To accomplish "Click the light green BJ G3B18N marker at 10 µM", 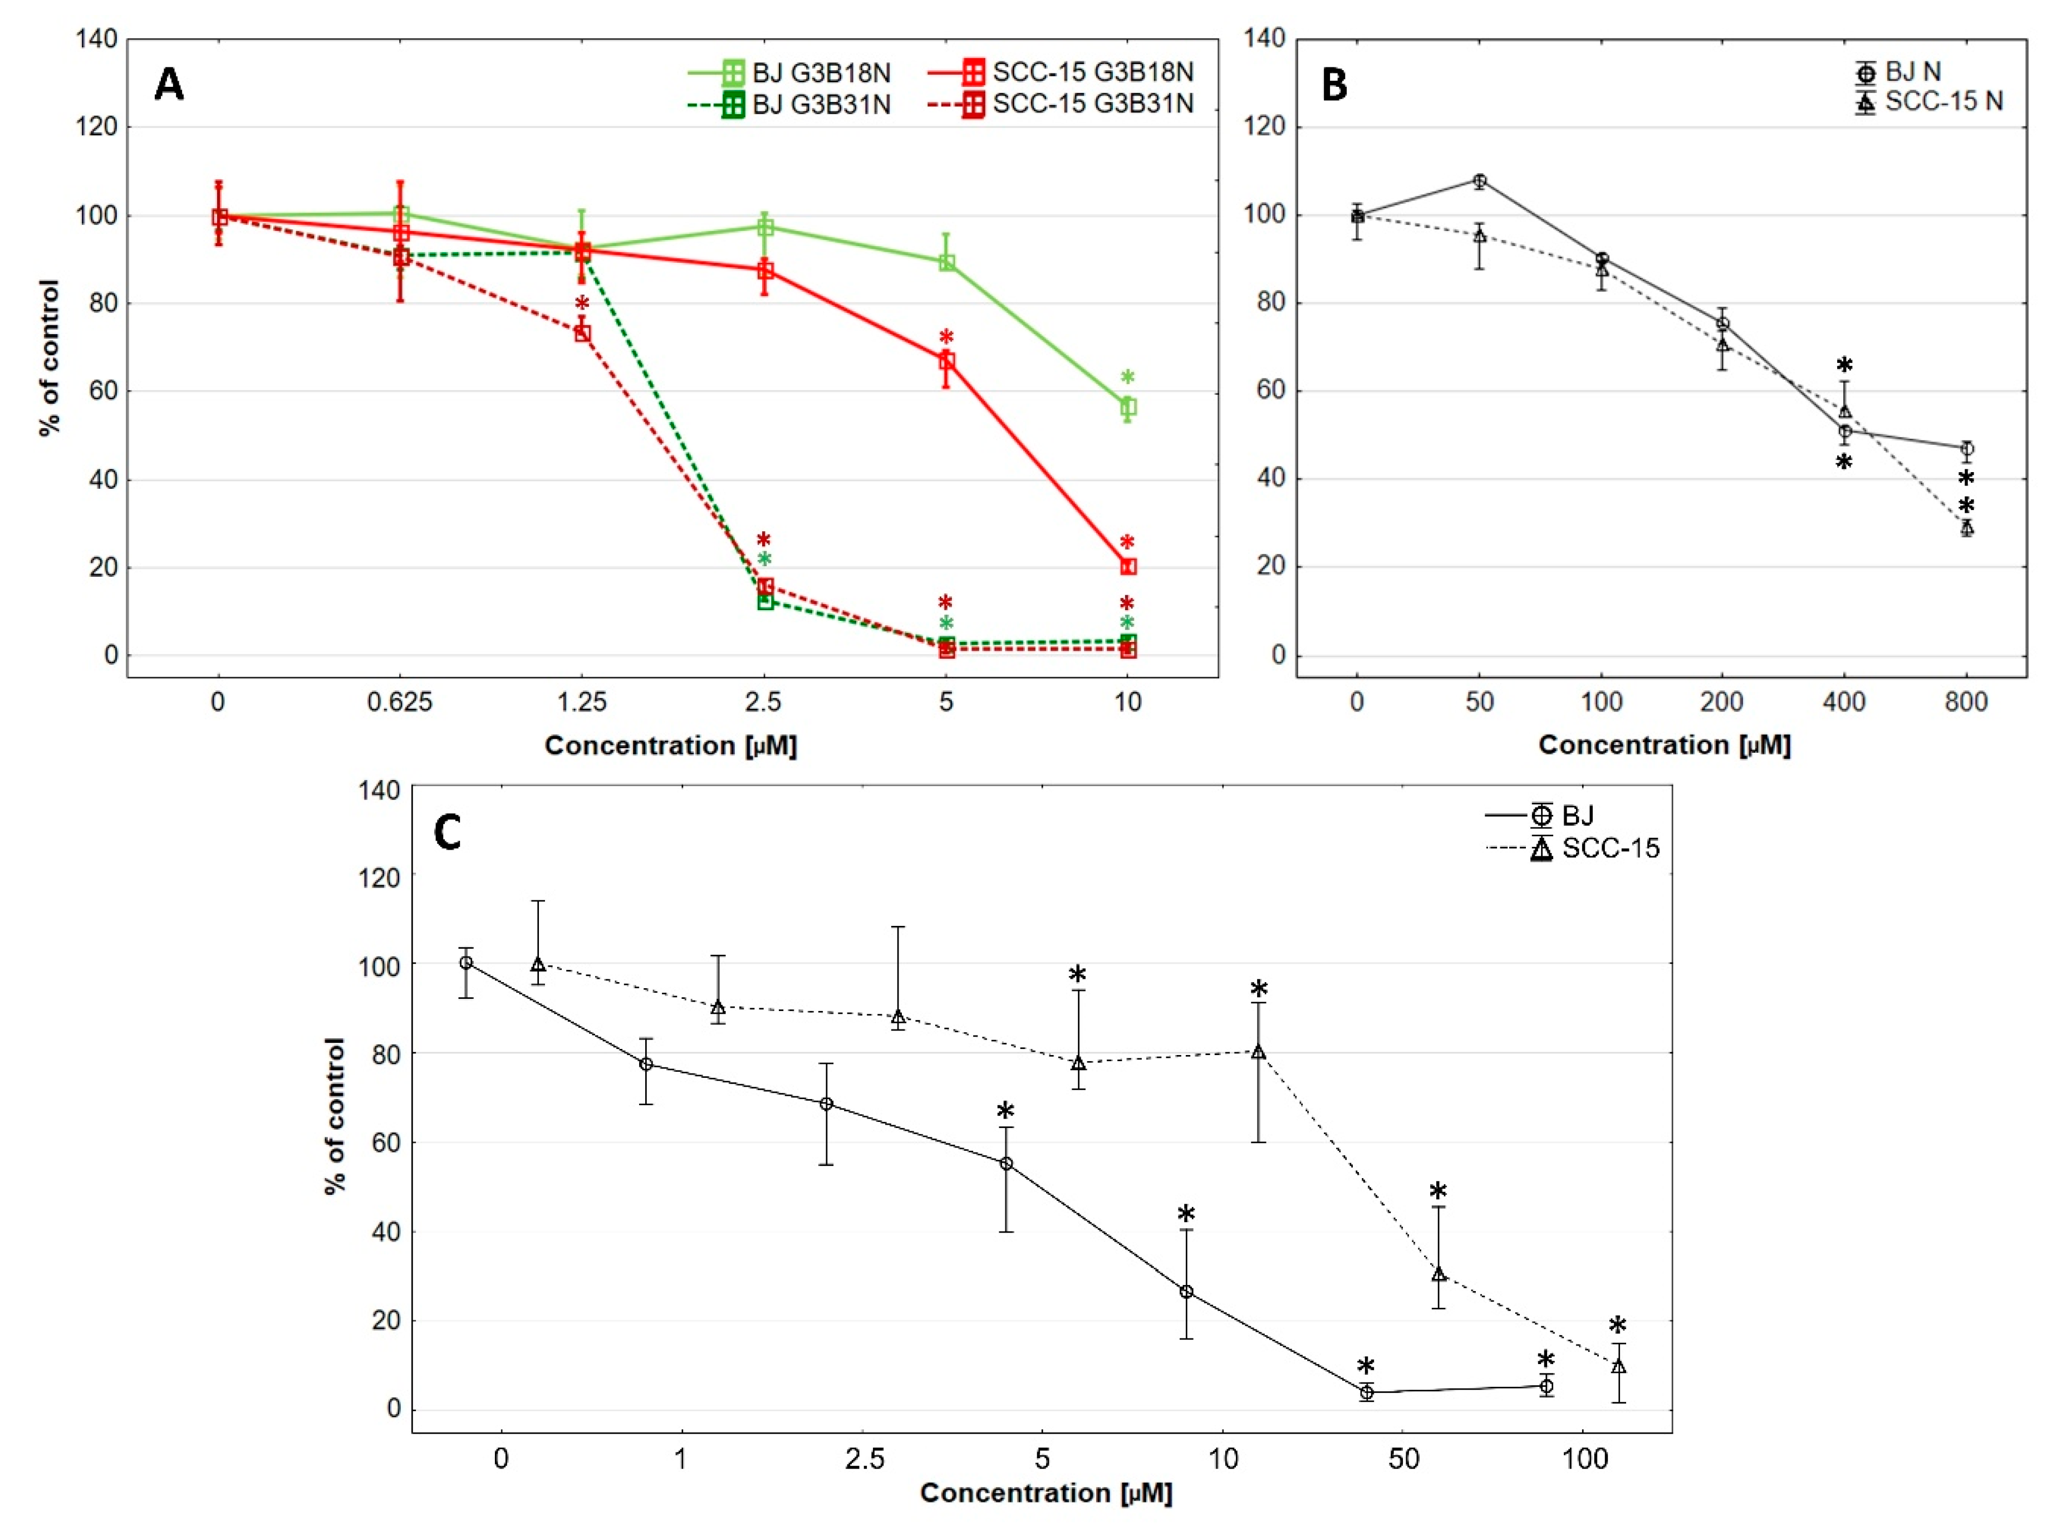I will coord(1128,407).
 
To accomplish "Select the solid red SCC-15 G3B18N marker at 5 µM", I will coord(946,361).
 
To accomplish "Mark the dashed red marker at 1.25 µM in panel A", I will coord(582,333).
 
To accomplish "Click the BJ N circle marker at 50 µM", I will coord(1480,182).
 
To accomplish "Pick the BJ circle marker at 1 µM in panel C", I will coord(646,1065).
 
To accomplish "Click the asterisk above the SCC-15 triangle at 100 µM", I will coord(1618,1325).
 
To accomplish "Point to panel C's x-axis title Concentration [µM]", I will coord(1045,1493).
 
